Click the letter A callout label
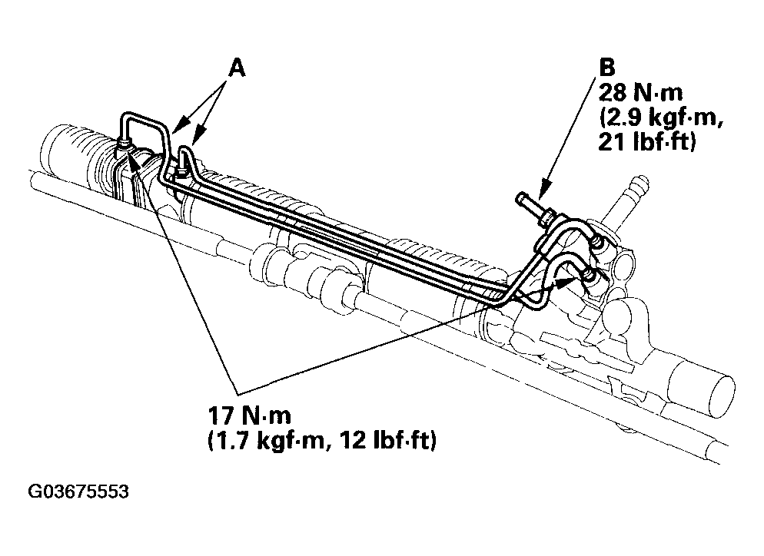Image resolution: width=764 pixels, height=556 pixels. (237, 68)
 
